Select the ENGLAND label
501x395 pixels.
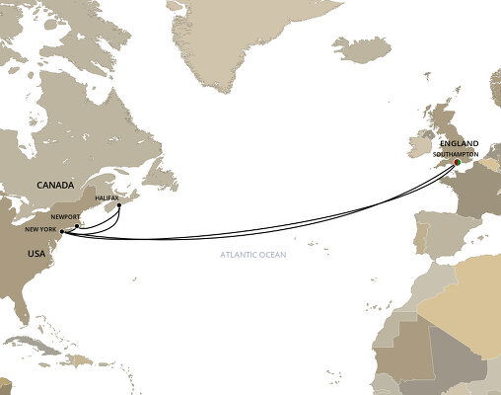[461, 144]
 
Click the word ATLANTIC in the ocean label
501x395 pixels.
[242, 258]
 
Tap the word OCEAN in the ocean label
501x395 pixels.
[279, 258]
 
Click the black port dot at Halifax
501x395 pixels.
[119, 206]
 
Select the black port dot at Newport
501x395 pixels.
[77, 225]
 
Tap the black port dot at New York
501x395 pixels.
[62, 233]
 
